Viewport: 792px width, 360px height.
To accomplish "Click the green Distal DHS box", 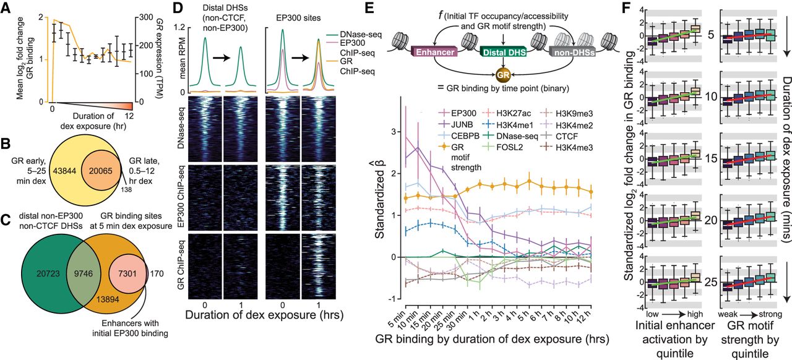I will pos(502,53).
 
